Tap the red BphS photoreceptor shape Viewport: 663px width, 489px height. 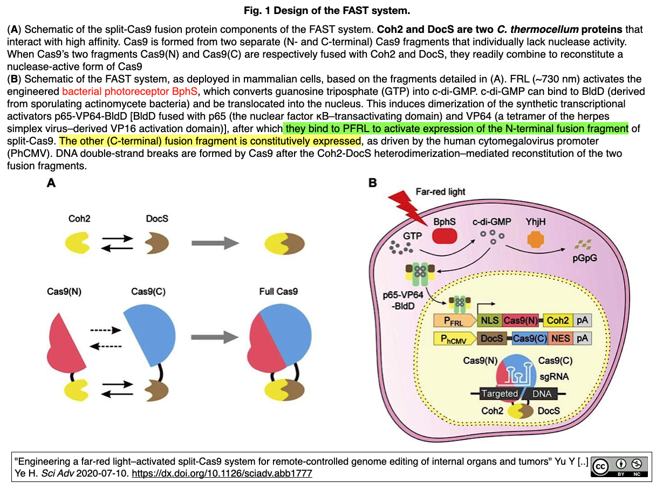coord(445,236)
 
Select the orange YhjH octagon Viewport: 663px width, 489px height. coord(535,239)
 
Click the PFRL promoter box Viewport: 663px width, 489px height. coord(455,321)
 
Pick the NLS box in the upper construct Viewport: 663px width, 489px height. coord(490,321)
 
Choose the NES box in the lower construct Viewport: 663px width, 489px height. coord(561,339)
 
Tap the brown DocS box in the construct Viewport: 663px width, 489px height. coord(491,339)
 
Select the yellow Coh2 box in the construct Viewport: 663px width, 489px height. coord(558,321)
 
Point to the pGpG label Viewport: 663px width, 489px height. coord(585,258)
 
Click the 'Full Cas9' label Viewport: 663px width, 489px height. coord(278,292)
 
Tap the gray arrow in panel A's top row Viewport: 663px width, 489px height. coord(215,243)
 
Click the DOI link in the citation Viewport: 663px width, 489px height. coord(222,473)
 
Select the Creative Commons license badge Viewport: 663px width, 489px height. coord(619,466)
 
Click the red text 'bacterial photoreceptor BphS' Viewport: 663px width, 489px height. coord(129,91)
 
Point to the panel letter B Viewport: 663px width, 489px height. coord(372,183)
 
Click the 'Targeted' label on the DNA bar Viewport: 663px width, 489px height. coord(500,394)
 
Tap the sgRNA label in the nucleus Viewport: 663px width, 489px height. coord(554,377)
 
